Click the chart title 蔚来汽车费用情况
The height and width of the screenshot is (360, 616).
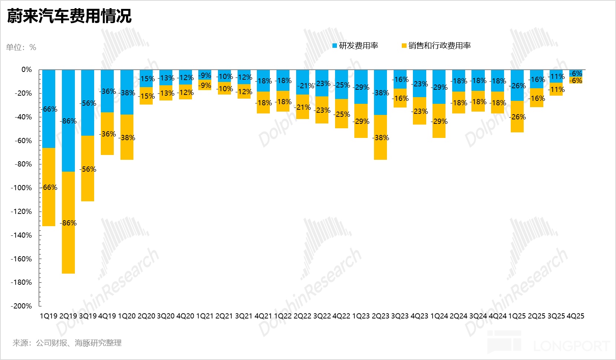[x=69, y=16]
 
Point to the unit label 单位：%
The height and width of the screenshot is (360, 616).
[x=21, y=47]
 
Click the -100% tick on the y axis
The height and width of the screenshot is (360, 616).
[x=21, y=188]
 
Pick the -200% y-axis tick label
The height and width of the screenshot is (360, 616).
[x=21, y=306]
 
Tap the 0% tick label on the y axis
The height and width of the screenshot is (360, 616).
[x=27, y=70]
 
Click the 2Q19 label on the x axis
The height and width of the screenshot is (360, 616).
[x=68, y=316]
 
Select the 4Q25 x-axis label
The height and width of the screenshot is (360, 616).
[x=575, y=316]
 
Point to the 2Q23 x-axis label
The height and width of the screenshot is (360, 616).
[x=380, y=316]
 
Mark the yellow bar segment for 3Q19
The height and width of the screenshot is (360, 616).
[x=87, y=185]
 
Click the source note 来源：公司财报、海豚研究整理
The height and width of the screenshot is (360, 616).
[x=67, y=343]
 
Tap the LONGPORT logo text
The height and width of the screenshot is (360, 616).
[x=572, y=346]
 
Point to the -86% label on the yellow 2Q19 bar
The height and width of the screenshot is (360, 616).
[x=69, y=223]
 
